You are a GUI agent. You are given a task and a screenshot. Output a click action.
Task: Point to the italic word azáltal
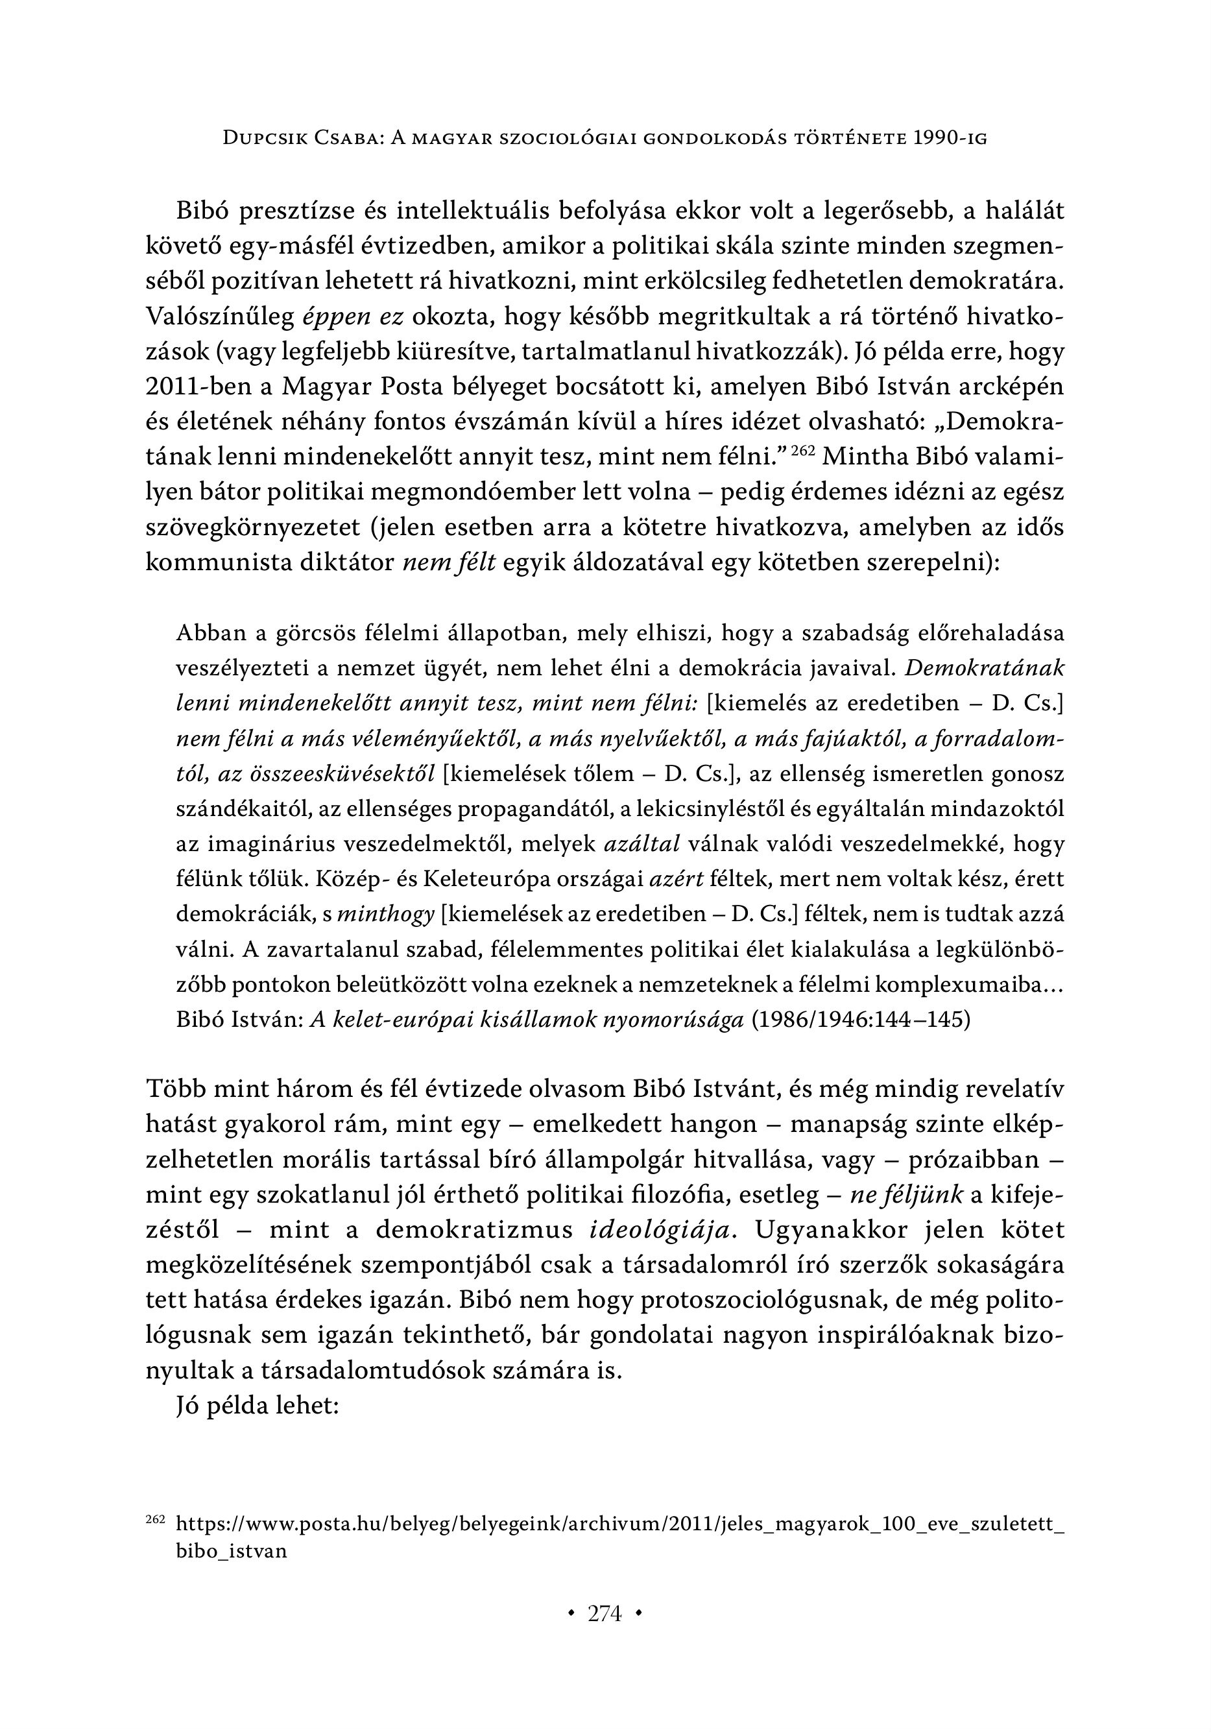[642, 844]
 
